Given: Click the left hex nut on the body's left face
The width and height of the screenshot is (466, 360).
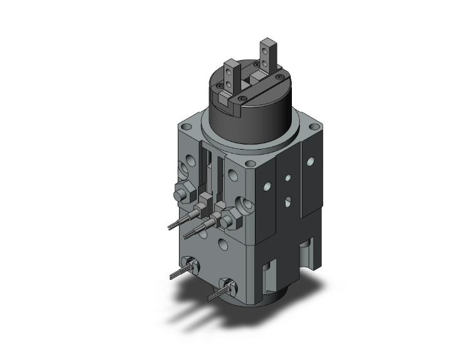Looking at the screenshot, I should pyautogui.click(x=182, y=193).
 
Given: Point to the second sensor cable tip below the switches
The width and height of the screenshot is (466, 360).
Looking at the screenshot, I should pyautogui.click(x=187, y=236).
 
